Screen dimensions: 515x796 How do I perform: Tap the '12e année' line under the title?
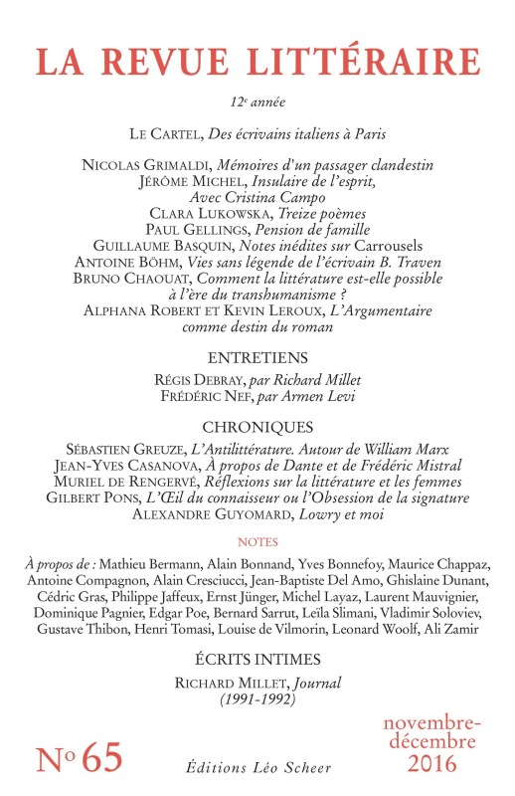[257, 101]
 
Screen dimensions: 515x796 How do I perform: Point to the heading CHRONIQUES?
[257, 426]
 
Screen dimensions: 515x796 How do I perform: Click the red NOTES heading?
[257, 542]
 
